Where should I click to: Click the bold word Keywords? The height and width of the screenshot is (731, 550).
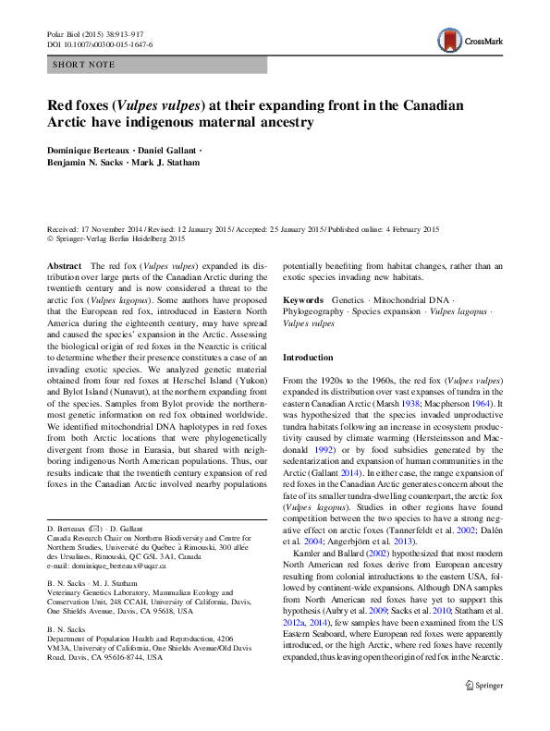(x=302, y=300)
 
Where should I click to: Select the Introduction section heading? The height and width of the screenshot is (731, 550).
(x=308, y=357)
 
